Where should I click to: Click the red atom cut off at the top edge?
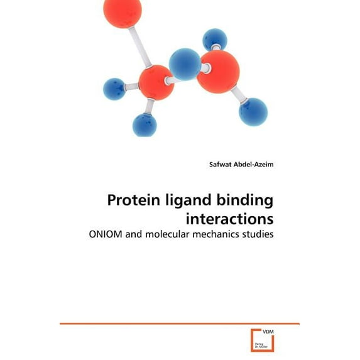click(x=122, y=12)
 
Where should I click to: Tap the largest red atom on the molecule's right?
click(x=218, y=72)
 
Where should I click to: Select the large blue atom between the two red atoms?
click(x=185, y=64)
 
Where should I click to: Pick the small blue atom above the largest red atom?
click(x=215, y=39)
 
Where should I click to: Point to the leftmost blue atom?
click(x=114, y=89)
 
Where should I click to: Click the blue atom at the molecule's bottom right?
click(x=253, y=111)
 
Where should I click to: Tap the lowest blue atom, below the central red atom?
click(x=145, y=125)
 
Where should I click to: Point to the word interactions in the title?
click(x=230, y=219)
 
